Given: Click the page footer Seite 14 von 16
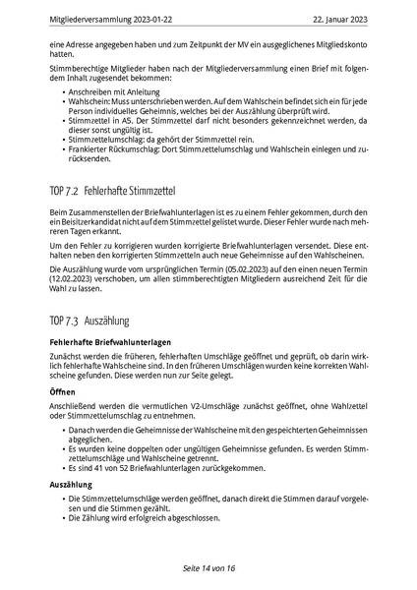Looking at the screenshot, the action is click(x=208, y=568).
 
